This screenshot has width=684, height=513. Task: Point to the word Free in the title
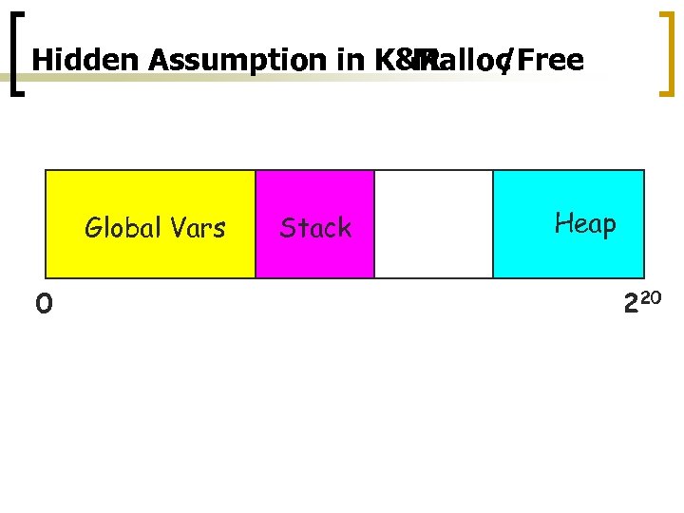tap(551, 61)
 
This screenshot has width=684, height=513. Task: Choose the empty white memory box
tap(433, 224)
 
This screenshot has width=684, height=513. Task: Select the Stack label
tap(315, 228)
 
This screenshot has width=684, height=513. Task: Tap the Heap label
tap(585, 224)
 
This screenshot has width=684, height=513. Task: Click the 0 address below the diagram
tap(44, 304)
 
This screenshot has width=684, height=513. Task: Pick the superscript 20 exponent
tap(649, 299)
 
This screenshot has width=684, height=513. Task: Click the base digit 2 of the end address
tap(631, 305)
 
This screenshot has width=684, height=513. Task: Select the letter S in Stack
tap(288, 228)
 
